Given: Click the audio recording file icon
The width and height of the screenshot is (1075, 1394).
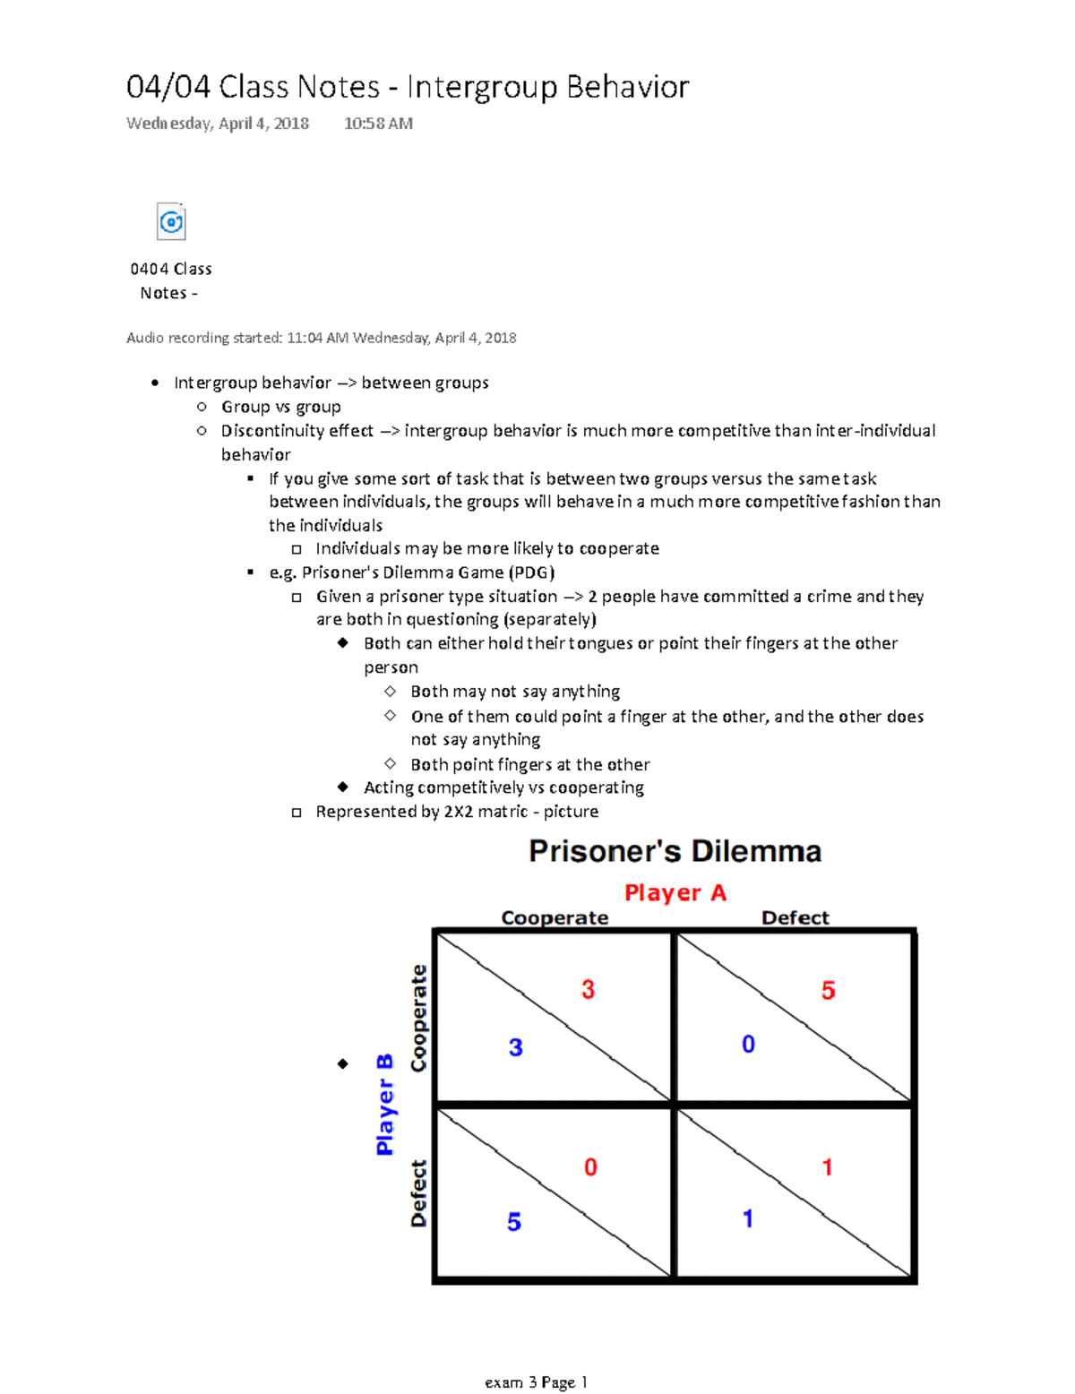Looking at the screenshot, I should click(171, 221).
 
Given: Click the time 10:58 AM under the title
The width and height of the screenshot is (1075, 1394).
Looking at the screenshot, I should click(378, 124).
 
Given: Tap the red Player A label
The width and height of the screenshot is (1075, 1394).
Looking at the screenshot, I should click(675, 892).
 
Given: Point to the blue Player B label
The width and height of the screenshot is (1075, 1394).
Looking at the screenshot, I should click(384, 1104).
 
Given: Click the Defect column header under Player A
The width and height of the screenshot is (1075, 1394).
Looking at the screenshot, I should click(795, 917).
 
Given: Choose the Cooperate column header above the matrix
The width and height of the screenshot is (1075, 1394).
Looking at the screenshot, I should click(555, 917).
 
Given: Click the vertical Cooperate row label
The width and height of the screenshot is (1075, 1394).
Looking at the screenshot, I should click(418, 1018).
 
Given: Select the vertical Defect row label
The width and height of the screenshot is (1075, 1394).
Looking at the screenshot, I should click(418, 1192).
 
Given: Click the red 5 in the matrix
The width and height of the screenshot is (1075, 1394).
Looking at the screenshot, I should click(828, 990).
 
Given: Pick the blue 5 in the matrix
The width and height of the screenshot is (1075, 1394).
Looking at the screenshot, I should click(514, 1221).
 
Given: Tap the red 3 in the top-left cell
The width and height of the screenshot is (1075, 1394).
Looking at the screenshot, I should click(588, 989).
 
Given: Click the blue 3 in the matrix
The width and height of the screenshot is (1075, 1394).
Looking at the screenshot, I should click(515, 1047).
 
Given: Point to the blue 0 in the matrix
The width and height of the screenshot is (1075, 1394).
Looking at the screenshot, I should click(748, 1044).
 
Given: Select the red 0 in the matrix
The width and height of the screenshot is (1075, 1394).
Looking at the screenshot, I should click(590, 1166).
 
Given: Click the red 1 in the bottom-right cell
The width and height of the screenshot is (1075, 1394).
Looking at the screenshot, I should click(827, 1166).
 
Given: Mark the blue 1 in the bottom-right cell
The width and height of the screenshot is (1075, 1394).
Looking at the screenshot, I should click(748, 1218).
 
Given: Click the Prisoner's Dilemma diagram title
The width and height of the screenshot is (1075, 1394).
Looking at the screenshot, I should click(675, 850).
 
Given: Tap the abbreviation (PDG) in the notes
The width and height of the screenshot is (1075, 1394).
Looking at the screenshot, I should click(531, 572).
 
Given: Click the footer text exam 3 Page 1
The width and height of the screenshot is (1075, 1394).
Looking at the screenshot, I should click(536, 1381).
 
